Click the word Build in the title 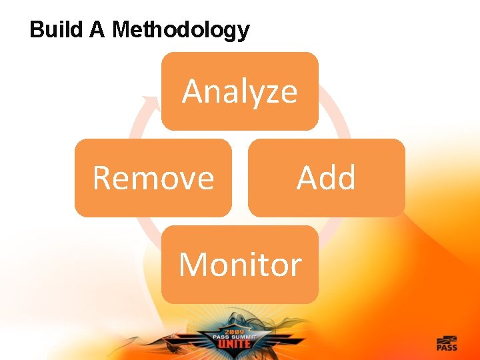coord(56,29)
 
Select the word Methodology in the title coord(181,30)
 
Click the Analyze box coord(239,91)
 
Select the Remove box coord(153,178)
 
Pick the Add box coord(326,178)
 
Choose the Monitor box coord(239,265)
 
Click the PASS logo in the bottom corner coord(447,343)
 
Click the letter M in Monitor coord(193,265)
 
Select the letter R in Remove coord(102,178)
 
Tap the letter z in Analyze coord(271,92)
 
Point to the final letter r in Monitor coord(296,267)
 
